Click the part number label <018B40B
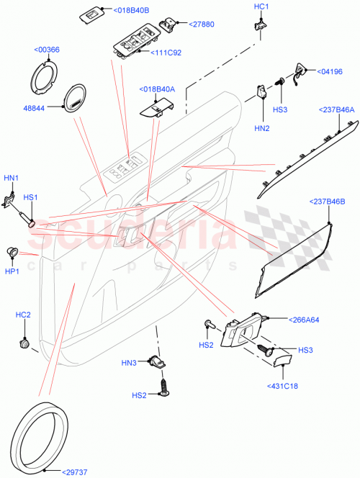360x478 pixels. (x=132, y=11)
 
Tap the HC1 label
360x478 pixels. (x=261, y=6)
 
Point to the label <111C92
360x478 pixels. (x=166, y=53)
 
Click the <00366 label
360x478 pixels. (x=47, y=50)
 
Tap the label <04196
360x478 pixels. (x=330, y=73)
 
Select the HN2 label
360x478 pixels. (x=261, y=128)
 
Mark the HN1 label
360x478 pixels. (x=12, y=177)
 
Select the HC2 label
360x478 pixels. (x=23, y=315)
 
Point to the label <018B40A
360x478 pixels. (x=157, y=89)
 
